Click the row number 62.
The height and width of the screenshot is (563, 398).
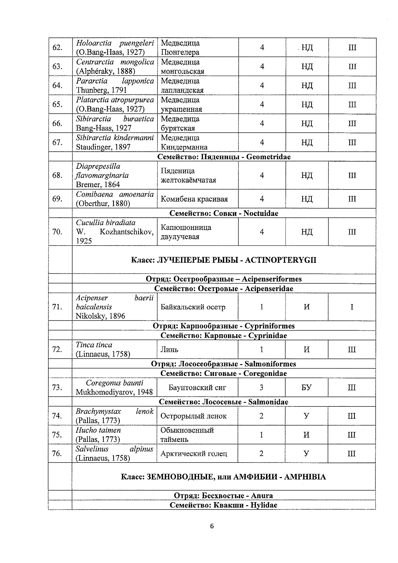[x=57, y=47]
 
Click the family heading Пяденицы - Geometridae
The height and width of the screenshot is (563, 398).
[x=224, y=157]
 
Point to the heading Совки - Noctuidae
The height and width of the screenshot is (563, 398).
[x=224, y=213]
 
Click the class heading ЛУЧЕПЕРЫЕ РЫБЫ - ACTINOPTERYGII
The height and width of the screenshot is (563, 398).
[x=224, y=260]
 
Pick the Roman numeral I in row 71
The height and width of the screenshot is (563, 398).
[x=352, y=307]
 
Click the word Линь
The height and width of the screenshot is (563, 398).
[x=169, y=349]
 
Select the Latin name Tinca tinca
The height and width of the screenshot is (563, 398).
[x=94, y=345]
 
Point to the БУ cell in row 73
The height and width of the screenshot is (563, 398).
[x=306, y=387]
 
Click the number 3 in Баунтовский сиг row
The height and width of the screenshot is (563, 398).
[x=261, y=387]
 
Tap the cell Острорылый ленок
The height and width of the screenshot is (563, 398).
[x=194, y=416]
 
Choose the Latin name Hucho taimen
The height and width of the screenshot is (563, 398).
[x=98, y=430]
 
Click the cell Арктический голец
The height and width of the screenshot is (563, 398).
[x=194, y=454]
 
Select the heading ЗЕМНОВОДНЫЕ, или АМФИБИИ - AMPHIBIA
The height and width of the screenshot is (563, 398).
[x=224, y=477]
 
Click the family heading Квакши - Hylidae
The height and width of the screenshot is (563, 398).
[x=224, y=505]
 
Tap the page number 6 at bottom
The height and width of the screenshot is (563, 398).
[x=212, y=526]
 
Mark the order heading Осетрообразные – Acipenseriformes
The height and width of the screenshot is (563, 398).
[x=224, y=279]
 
